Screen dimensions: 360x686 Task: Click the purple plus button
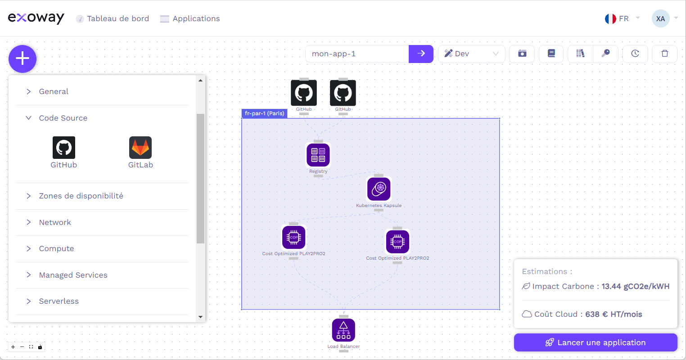click(23, 58)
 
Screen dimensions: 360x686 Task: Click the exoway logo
click(36, 18)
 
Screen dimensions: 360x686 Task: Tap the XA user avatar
click(660, 18)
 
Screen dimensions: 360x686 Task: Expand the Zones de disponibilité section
click(81, 196)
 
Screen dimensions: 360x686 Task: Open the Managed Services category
click(73, 275)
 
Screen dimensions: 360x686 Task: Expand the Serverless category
click(59, 301)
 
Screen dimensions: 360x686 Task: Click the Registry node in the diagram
click(318, 155)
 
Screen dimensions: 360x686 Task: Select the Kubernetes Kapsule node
click(379, 189)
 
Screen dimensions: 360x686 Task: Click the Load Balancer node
click(343, 330)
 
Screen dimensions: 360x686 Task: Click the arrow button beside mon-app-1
click(421, 54)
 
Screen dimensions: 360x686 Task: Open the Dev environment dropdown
click(471, 54)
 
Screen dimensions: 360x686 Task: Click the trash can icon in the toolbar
click(665, 54)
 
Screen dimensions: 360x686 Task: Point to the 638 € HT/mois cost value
click(614, 314)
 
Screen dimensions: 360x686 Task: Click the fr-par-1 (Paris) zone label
click(264, 113)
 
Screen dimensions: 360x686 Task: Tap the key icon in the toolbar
click(606, 54)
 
